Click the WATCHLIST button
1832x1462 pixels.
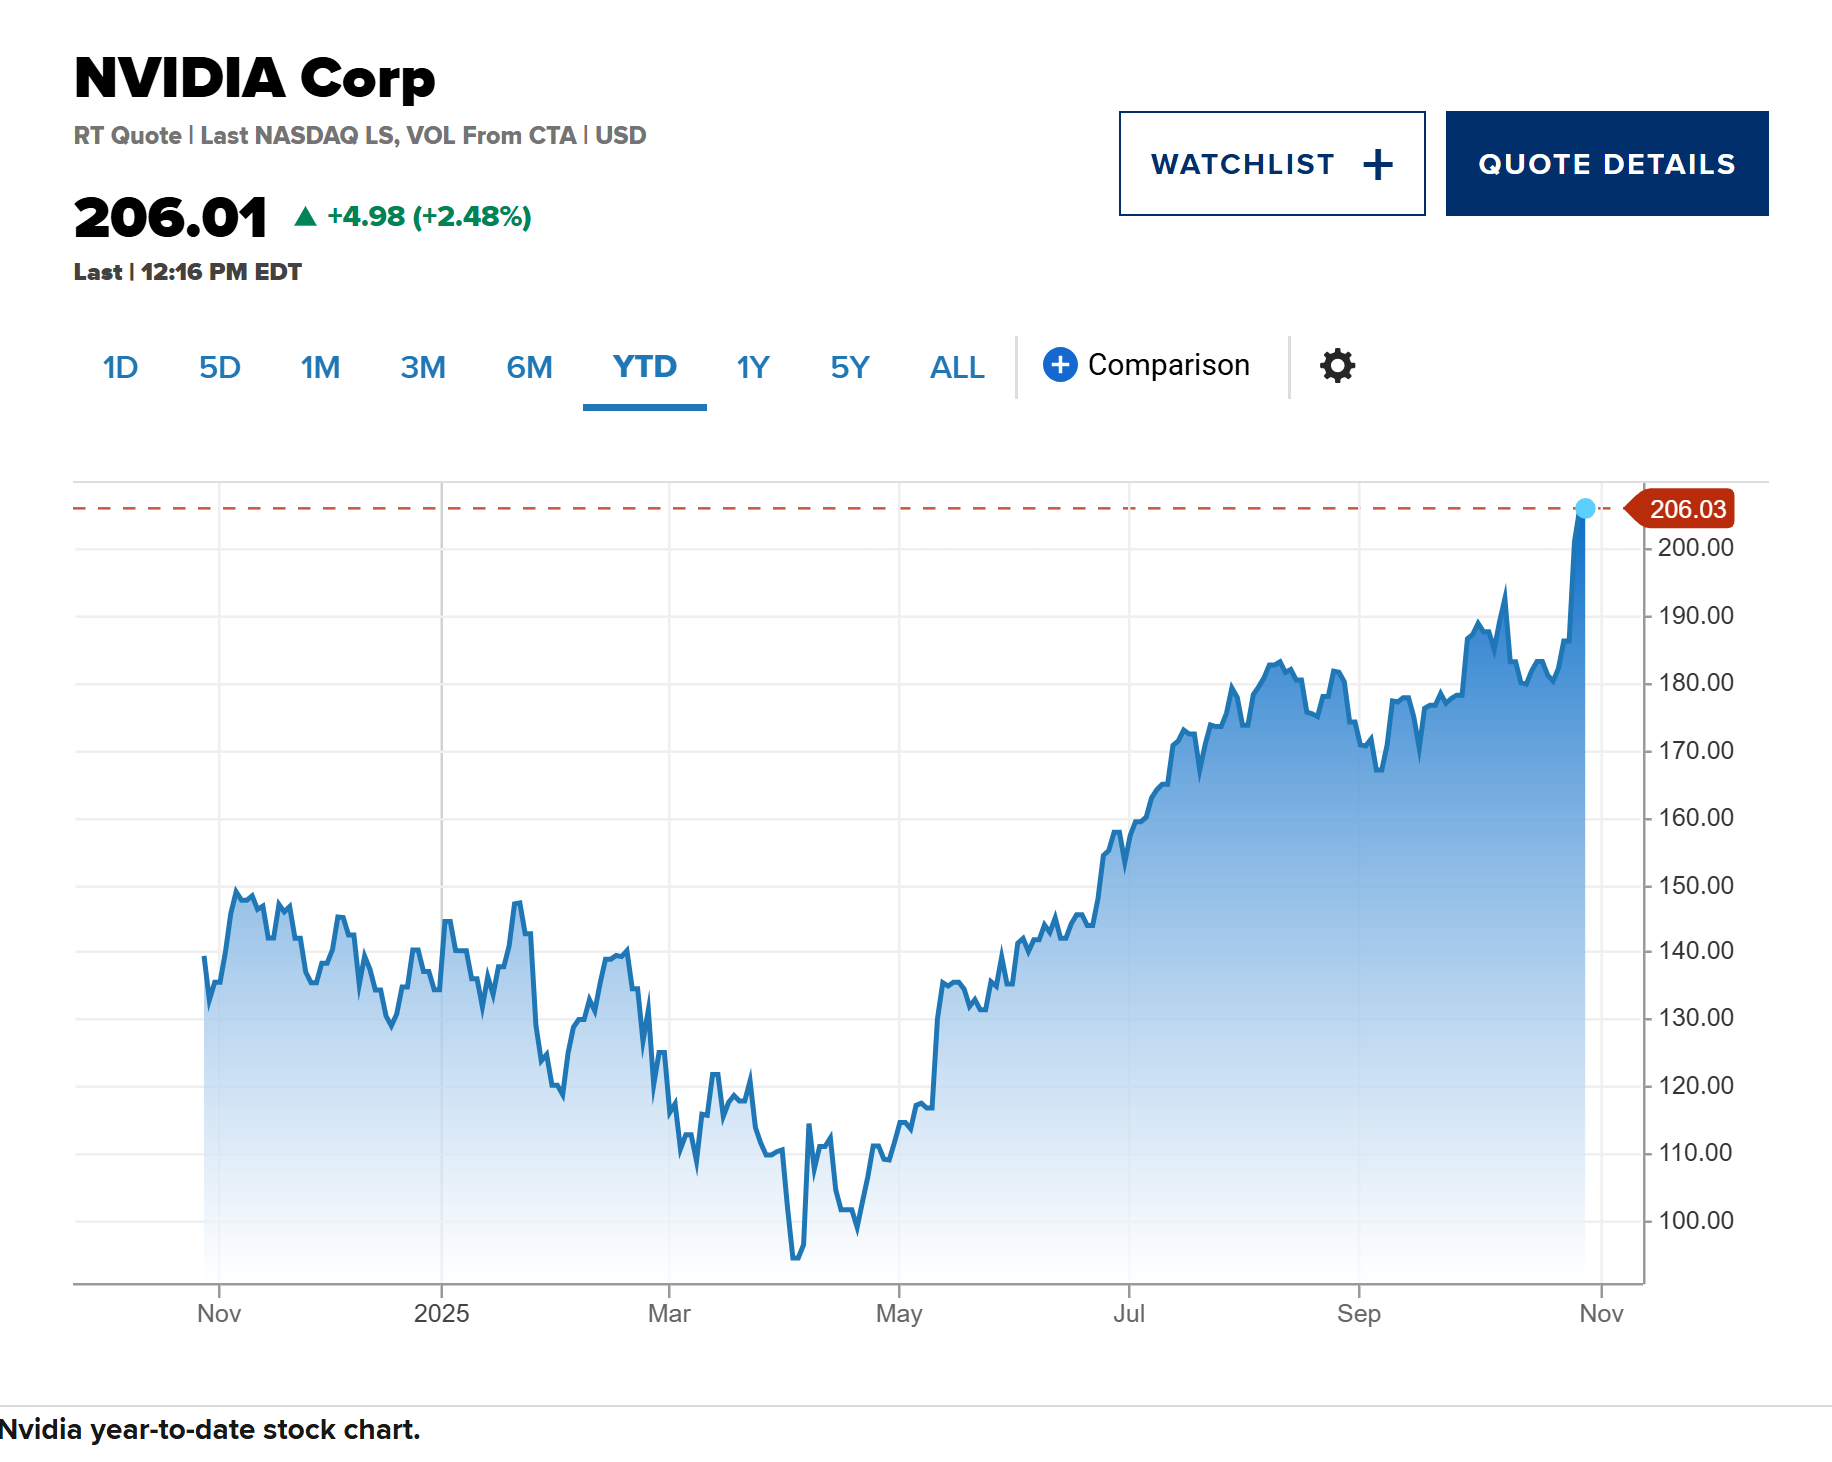(1271, 164)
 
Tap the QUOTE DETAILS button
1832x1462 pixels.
(1606, 164)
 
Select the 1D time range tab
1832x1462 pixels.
(120, 368)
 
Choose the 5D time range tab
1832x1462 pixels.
(219, 368)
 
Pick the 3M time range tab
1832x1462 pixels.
(422, 368)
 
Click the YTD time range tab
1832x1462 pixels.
(644, 367)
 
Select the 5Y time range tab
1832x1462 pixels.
(849, 368)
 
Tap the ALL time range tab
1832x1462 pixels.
(956, 368)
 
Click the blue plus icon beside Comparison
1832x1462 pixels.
(1060, 365)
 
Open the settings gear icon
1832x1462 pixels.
(1337, 366)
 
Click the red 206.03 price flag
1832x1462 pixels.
(1685, 509)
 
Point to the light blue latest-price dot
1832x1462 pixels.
(1585, 509)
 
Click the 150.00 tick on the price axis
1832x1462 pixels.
(1695, 886)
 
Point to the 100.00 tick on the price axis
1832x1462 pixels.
(1695, 1221)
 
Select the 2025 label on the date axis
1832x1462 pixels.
(441, 1314)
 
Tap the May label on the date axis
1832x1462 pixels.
(898, 1314)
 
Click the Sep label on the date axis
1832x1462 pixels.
(1358, 1314)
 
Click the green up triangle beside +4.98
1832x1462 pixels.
(305, 216)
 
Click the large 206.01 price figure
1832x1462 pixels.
(171, 218)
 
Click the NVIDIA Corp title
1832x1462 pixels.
(255, 78)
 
